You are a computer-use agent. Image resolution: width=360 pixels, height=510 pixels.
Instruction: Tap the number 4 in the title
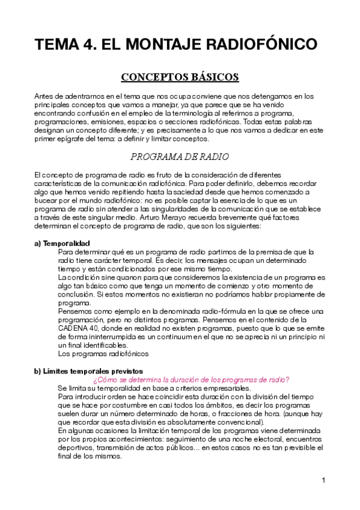[x=87, y=45]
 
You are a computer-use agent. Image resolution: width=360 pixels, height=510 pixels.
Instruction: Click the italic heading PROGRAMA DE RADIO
[x=180, y=157]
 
